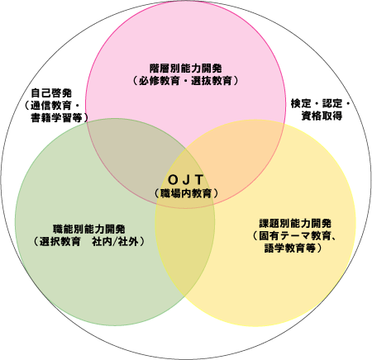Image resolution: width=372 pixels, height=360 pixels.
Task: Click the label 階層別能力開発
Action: (x=185, y=69)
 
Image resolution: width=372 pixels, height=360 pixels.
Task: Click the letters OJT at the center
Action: (x=185, y=180)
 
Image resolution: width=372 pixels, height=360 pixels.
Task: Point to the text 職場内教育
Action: (x=186, y=193)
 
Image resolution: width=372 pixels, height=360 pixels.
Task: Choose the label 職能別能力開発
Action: (x=89, y=229)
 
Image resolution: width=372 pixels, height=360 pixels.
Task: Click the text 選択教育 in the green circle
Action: (x=60, y=241)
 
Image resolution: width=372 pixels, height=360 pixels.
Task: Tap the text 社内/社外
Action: (x=115, y=241)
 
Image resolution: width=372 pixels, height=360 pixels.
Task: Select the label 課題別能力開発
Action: (x=295, y=223)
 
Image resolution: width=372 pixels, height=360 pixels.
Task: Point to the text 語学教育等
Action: (x=290, y=248)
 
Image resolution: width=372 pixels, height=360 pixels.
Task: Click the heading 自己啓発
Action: (x=51, y=93)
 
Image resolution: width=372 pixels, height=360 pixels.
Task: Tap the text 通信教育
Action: (x=51, y=106)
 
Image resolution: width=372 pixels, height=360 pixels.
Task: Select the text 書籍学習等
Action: (x=57, y=118)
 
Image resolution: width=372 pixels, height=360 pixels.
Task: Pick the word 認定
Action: (x=332, y=103)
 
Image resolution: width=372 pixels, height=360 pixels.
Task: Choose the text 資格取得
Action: (x=322, y=116)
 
